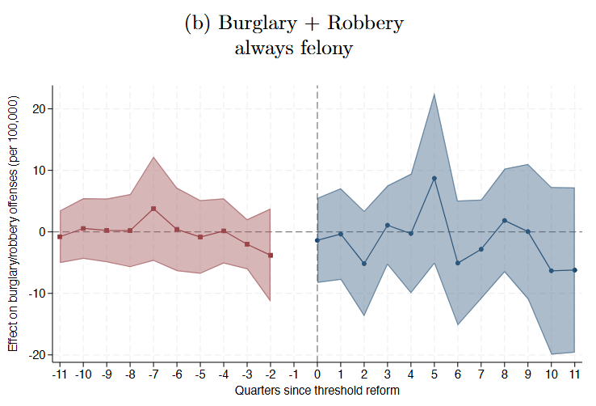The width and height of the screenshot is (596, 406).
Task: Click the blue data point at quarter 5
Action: [x=434, y=178]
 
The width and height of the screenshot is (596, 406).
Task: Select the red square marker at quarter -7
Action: [x=153, y=209]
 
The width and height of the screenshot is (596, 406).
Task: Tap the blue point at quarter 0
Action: [x=317, y=240]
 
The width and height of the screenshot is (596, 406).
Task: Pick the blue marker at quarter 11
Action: [x=575, y=270]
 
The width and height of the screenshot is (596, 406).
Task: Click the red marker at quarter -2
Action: [x=271, y=256]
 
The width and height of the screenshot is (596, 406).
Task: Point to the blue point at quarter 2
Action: [x=364, y=264]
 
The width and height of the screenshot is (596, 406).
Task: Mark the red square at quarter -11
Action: [x=60, y=237]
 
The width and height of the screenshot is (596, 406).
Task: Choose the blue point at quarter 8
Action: [x=505, y=221]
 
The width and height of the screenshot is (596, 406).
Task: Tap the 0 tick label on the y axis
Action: [x=46, y=232]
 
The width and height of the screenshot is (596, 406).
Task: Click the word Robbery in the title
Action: [x=359, y=23]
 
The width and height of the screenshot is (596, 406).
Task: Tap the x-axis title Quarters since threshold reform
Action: [x=317, y=391]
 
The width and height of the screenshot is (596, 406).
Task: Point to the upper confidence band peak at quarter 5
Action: [x=434, y=94]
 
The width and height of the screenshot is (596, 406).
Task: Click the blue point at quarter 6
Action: [x=458, y=263]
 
